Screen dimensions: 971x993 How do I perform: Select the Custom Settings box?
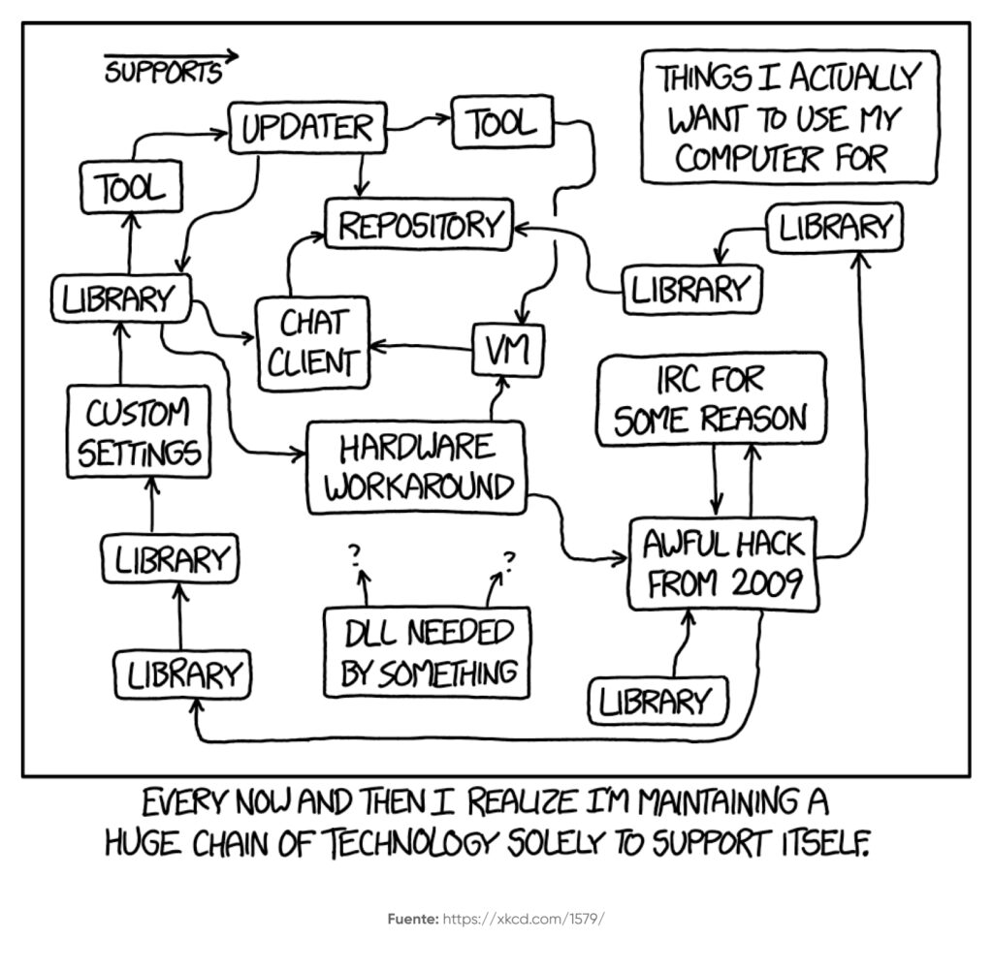click(x=140, y=432)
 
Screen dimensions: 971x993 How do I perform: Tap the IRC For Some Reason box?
click(x=711, y=399)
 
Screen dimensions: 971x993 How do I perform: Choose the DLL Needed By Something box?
click(x=429, y=652)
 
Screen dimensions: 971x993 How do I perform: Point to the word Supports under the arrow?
click(x=162, y=74)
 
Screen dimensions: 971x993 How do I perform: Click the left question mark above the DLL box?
click(x=355, y=553)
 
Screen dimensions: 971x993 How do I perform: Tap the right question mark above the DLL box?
click(x=509, y=558)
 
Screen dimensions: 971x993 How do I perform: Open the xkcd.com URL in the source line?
click(x=524, y=918)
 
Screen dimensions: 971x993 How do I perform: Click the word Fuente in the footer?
click(x=411, y=918)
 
